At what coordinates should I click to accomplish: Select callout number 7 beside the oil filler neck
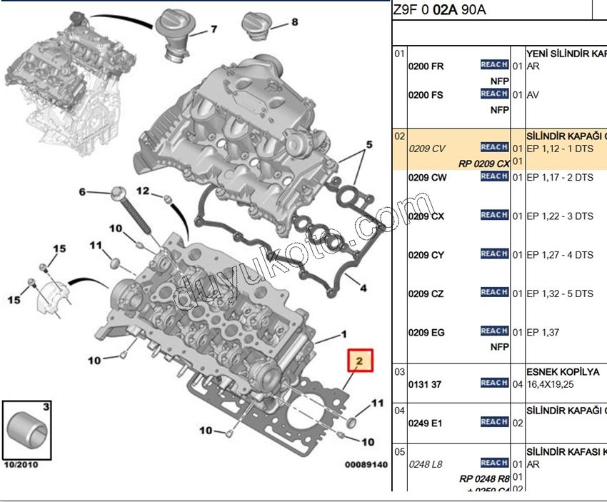[213, 29]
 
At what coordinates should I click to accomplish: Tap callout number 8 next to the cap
[294, 22]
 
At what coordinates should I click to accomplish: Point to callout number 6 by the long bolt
[81, 192]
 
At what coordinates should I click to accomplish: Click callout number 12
[142, 191]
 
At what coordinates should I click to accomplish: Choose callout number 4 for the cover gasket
[363, 288]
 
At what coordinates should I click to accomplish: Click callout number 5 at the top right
[368, 145]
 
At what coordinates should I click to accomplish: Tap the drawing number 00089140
[366, 465]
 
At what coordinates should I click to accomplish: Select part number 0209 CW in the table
[426, 178]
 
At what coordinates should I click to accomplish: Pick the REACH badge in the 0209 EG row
[494, 331]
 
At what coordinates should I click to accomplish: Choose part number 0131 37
[424, 384]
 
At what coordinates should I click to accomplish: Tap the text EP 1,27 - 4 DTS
[559, 255]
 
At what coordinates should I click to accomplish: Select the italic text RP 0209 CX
[483, 164]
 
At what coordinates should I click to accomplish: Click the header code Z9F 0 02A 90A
[439, 10]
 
